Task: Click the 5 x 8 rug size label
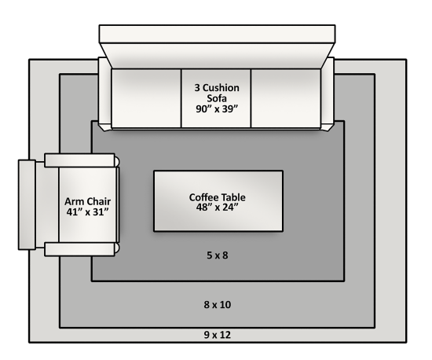coord(218,255)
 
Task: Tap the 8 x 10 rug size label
coord(218,305)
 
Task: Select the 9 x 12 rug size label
coord(218,335)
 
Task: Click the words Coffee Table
coord(218,197)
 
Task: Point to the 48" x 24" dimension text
coord(217,208)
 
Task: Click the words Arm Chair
coord(88,201)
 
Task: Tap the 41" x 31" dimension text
coord(88,212)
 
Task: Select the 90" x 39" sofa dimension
coord(217,109)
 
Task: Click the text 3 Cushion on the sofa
coord(217,88)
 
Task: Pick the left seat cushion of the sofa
coord(146,98)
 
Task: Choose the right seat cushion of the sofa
coord(286,98)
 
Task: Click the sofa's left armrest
coord(105,94)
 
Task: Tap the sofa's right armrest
coord(328,94)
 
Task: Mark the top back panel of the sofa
coord(217,34)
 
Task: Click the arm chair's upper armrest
coord(80,160)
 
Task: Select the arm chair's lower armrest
coord(80,249)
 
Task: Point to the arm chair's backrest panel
coord(27,205)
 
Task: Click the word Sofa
coord(217,98)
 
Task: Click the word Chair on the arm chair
coord(98,201)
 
